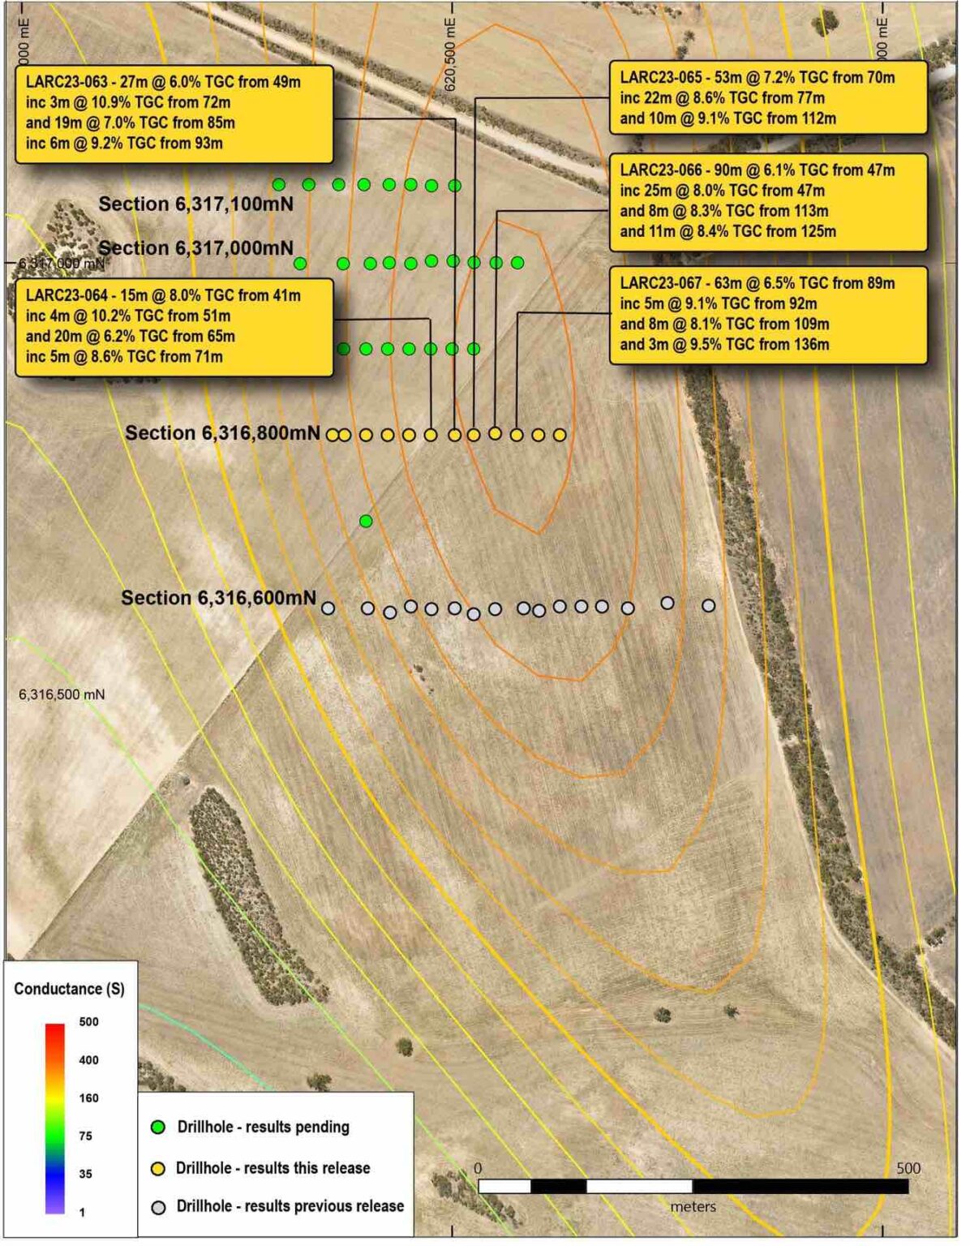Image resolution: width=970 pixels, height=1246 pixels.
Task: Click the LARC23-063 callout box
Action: pos(174,114)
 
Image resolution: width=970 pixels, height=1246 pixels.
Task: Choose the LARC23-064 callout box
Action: pos(174,326)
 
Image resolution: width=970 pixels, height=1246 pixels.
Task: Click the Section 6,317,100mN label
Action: pos(196,204)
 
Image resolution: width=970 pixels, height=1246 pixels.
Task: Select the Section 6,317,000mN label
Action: pos(196,248)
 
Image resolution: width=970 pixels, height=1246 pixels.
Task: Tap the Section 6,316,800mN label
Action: pos(222,433)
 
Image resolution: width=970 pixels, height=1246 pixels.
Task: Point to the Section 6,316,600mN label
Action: pos(219,598)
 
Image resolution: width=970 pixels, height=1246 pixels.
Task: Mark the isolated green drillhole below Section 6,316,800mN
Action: pos(366,521)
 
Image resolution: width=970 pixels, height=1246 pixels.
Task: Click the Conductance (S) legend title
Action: pos(70,989)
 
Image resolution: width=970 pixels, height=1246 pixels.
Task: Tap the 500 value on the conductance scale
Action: pos(88,1022)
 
